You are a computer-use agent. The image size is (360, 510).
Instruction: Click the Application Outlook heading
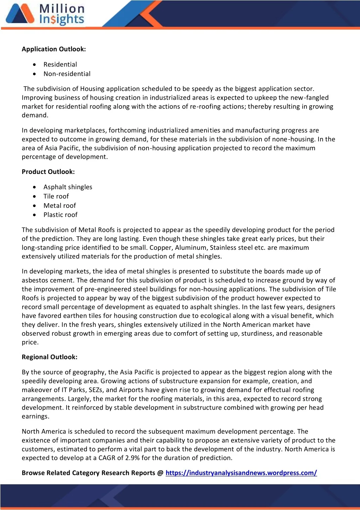[53, 49]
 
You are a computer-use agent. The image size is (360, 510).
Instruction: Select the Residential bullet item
[60, 64]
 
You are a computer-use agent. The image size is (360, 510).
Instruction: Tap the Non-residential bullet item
[67, 74]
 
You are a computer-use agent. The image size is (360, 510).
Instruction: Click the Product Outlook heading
[48, 172]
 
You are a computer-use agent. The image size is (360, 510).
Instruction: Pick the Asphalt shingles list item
[68, 187]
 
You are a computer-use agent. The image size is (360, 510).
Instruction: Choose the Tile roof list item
[56, 197]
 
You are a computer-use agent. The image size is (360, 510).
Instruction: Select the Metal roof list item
[59, 206]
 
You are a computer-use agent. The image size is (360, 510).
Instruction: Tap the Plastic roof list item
[60, 215]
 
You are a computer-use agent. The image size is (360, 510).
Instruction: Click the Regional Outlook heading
[50, 357]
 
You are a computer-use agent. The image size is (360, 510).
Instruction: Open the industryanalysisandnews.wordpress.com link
[241, 473]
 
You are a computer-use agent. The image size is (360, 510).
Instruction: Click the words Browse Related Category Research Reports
[88, 473]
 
